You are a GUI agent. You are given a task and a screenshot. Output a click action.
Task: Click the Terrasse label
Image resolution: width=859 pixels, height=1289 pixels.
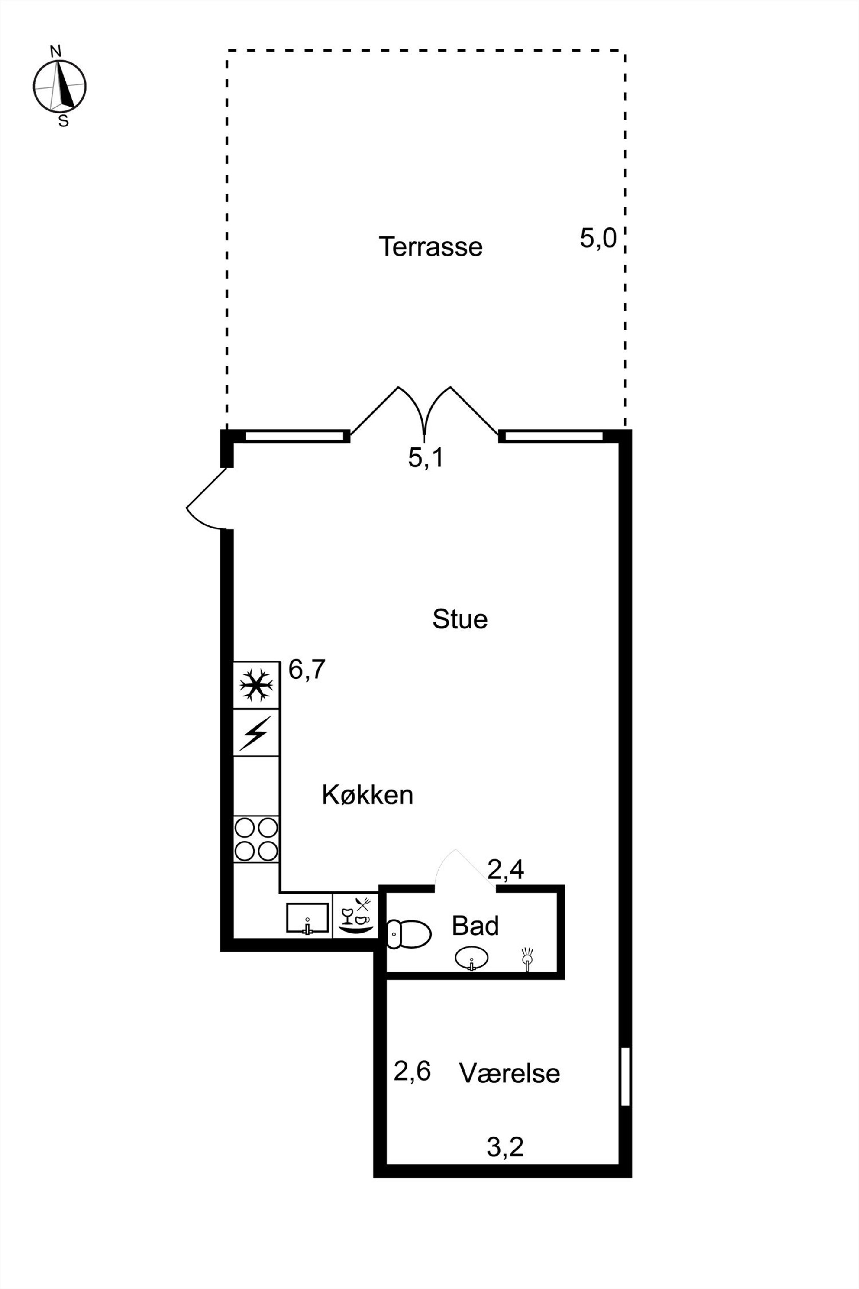click(431, 246)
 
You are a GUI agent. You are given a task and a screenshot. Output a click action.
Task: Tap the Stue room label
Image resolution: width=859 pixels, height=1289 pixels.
click(460, 619)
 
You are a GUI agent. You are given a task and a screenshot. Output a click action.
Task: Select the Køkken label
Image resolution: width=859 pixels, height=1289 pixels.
click(368, 795)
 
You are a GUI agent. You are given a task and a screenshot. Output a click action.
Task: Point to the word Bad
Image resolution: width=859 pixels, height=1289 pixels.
click(475, 926)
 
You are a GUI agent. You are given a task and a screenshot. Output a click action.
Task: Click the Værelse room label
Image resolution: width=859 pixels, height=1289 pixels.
click(510, 1072)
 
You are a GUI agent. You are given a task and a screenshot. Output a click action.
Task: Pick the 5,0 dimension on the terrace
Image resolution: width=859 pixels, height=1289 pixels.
click(598, 238)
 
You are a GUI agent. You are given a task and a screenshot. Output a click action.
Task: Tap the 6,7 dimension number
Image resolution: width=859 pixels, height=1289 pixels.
click(307, 669)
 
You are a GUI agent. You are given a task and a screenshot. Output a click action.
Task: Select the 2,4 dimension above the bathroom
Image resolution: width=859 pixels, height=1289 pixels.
click(506, 869)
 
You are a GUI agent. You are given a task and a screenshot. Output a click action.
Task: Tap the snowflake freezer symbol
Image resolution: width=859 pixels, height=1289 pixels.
click(256, 684)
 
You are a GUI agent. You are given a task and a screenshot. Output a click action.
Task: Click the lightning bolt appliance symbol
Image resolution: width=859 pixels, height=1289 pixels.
click(256, 733)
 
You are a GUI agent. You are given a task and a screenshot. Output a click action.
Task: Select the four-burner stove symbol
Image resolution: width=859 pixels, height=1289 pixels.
click(256, 839)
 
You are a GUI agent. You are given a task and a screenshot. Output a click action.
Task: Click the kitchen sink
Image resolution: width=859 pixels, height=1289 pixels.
click(307, 919)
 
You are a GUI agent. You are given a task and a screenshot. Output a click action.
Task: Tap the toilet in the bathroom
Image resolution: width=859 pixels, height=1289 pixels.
click(409, 933)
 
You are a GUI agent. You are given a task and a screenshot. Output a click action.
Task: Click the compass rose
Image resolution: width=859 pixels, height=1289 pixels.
click(60, 87)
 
